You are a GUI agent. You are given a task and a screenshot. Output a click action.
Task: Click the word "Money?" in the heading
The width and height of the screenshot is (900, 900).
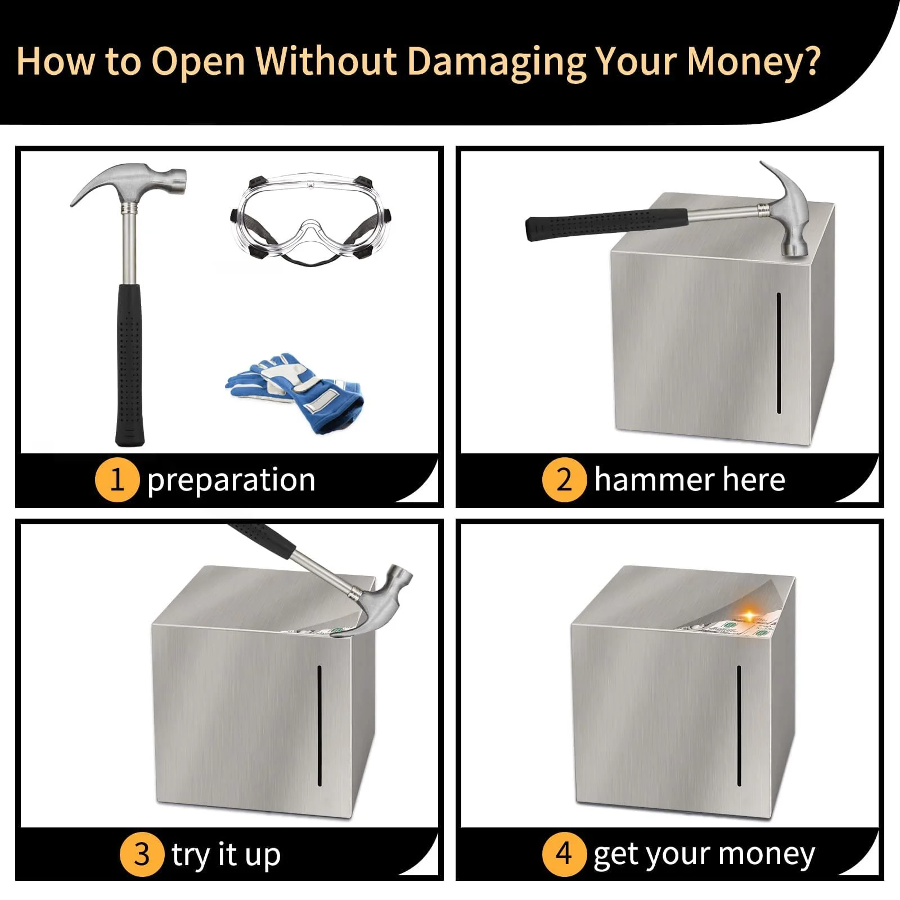click(753, 62)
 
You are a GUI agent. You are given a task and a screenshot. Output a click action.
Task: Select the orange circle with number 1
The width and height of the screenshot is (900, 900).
click(117, 480)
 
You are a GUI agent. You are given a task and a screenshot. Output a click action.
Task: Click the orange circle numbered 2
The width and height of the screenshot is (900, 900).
click(564, 480)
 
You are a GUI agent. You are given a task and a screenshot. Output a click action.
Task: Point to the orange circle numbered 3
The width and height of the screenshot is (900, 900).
click(142, 854)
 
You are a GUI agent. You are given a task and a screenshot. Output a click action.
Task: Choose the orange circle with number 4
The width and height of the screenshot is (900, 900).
click(564, 854)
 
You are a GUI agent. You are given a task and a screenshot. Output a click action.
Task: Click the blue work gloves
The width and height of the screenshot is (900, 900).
click(294, 393)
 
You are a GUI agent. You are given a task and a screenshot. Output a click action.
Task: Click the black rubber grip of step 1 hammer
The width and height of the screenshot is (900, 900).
click(129, 364)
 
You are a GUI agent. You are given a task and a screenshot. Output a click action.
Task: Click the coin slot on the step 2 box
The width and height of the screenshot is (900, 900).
click(779, 353)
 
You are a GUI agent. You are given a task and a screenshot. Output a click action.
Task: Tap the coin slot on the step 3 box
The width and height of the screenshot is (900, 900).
click(319, 726)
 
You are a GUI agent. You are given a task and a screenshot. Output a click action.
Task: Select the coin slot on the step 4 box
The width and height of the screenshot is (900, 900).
click(739, 726)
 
